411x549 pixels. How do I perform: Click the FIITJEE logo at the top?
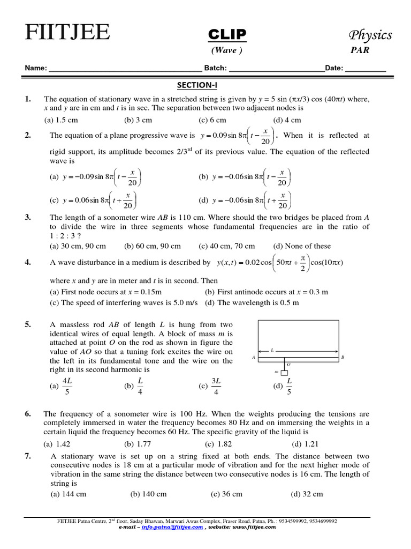[67, 33]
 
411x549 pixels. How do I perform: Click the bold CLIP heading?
[227, 35]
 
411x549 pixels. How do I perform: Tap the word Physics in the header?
[370, 35]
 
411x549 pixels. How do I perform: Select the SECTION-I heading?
[197, 85]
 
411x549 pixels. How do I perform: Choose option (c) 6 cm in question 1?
[212, 120]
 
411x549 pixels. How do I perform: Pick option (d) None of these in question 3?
[302, 246]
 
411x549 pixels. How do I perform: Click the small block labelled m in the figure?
[284, 373]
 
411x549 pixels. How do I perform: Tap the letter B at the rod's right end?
[342, 357]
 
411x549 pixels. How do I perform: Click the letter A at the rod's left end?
[253, 357]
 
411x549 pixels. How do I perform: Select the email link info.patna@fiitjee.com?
[172, 527]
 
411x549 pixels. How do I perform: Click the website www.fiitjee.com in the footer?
[254, 527]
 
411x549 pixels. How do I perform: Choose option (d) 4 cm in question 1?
[287, 120]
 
